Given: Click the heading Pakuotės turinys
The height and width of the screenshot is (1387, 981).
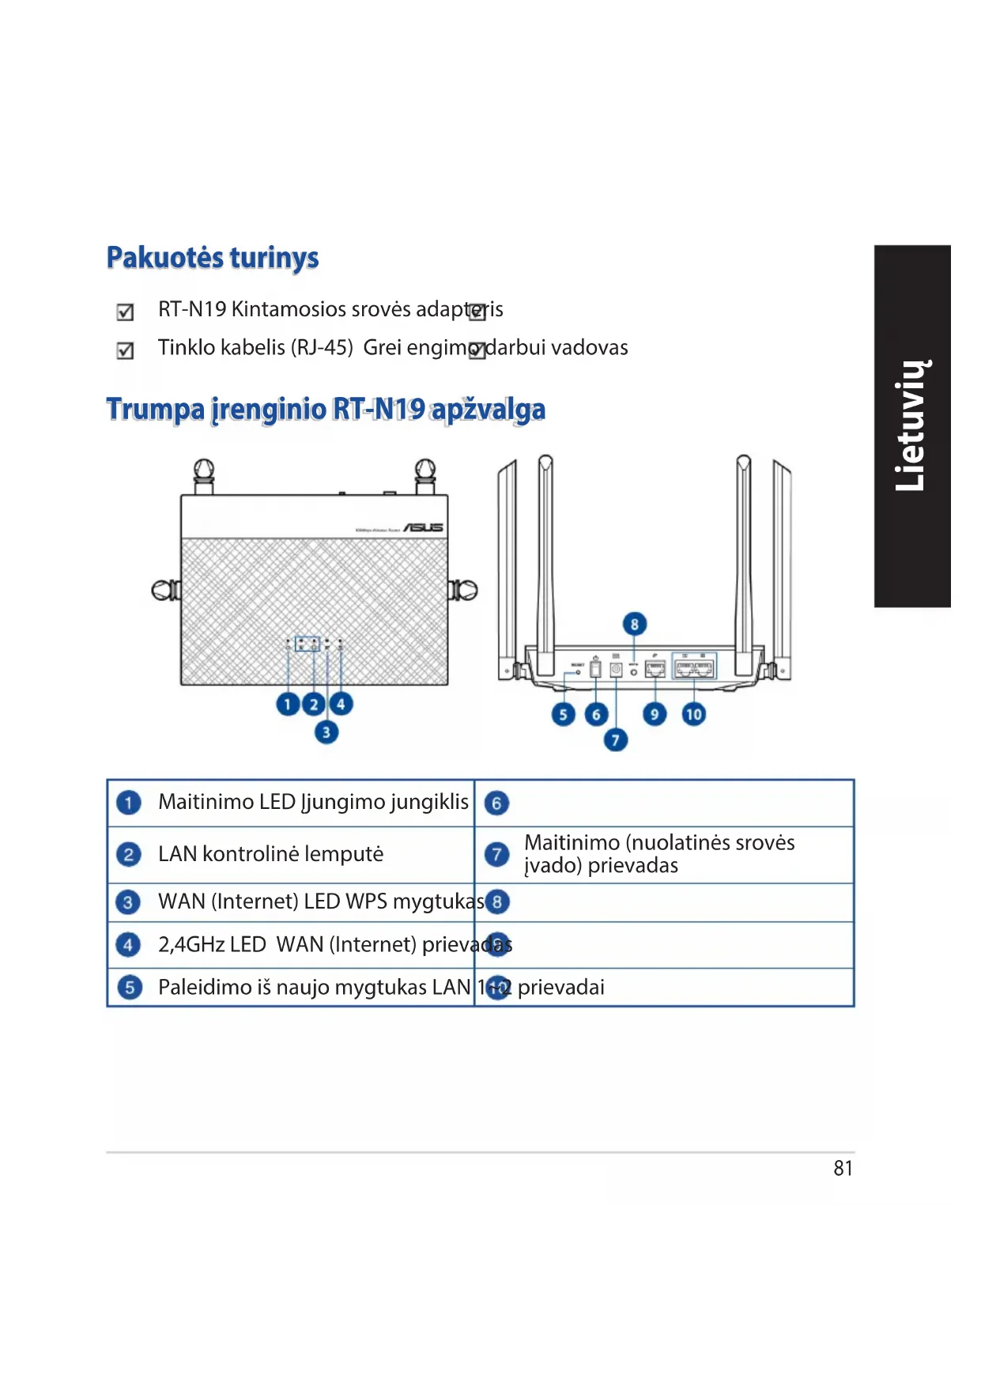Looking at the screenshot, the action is (213, 258).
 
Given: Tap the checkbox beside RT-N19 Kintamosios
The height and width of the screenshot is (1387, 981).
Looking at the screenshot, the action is (125, 312).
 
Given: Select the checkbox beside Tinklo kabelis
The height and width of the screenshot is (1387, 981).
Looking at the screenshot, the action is (125, 350).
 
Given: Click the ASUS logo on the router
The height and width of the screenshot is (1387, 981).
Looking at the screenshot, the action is (424, 527).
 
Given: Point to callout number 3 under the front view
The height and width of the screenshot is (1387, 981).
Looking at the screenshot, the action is (326, 732).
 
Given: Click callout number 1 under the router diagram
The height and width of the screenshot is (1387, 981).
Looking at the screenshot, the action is (288, 704).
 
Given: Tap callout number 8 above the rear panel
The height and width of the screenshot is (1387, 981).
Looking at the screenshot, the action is (634, 624).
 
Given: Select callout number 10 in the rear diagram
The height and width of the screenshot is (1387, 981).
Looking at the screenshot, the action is (693, 715).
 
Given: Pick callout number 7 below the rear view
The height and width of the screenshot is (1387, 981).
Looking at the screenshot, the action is (616, 740).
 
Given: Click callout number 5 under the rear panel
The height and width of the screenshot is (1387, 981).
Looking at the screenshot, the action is (563, 715).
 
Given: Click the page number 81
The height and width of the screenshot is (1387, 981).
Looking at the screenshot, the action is (843, 1168).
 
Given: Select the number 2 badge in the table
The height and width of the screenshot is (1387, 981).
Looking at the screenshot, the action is (128, 854).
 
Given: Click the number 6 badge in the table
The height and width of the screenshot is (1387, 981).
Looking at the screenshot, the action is (496, 803).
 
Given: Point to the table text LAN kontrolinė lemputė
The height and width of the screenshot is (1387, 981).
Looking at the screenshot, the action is (270, 854).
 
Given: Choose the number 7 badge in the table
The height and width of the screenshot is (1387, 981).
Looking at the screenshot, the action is (496, 854).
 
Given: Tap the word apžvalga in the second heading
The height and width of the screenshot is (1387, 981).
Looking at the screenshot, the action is (488, 410).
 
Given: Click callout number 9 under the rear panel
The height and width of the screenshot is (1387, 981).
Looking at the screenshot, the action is (654, 715).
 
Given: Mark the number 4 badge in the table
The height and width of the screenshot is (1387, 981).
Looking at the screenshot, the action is (128, 944).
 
